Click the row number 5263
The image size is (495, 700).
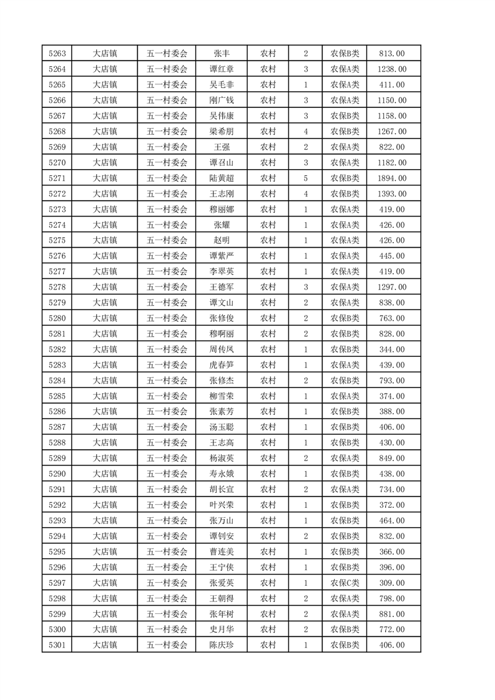click(x=57, y=54)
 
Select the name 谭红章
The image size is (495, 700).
click(x=222, y=69)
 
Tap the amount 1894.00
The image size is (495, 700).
click(x=391, y=178)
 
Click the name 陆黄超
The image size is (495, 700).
click(x=222, y=178)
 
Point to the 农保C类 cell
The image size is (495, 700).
click(x=345, y=583)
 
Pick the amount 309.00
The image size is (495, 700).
click(x=391, y=583)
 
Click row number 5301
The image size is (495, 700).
click(x=57, y=646)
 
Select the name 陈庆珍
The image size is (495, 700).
click(x=222, y=646)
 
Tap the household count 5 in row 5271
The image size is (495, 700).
click(x=305, y=178)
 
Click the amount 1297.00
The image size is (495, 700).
click(x=391, y=287)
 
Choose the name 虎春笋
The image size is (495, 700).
click(x=222, y=365)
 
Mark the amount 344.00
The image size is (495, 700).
click(x=391, y=349)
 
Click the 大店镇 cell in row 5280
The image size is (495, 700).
click(x=105, y=318)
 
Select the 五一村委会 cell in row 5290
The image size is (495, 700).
click(x=167, y=474)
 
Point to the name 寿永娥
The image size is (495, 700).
click(x=222, y=474)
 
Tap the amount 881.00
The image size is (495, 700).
click(x=391, y=615)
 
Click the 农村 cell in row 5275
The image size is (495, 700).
click(x=268, y=241)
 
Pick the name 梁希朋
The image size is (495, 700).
click(x=222, y=132)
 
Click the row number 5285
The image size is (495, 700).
click(x=57, y=396)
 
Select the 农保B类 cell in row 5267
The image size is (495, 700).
click(x=345, y=116)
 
